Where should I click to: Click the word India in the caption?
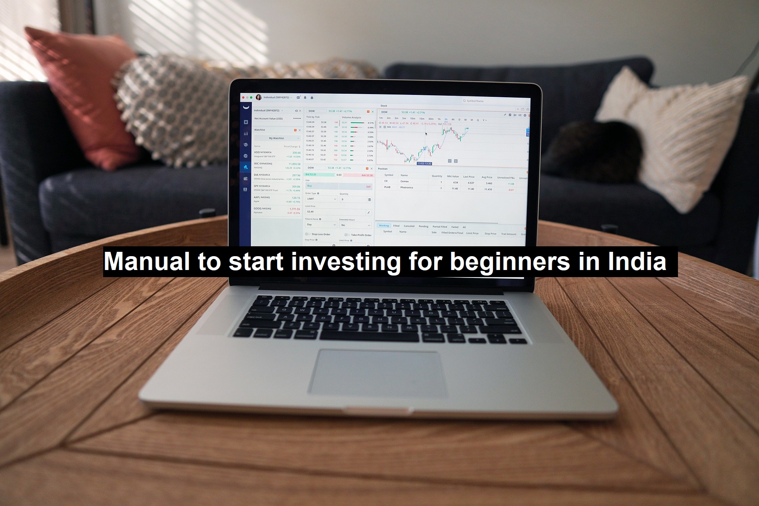coord(637,261)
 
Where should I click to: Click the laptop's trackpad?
coord(378,373)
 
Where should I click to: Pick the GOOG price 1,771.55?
coord(295,209)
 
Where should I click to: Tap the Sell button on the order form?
coord(356,186)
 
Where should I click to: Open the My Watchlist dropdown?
coord(277,138)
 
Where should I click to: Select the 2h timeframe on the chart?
coord(446,119)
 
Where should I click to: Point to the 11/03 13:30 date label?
coord(424,163)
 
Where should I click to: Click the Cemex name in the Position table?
coord(404,181)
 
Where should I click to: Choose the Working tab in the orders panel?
coord(383,226)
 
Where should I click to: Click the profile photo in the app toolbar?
coord(259,97)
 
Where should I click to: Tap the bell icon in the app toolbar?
coord(305,97)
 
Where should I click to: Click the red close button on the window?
coord(243,97)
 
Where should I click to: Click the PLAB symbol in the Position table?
coord(387,187)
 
